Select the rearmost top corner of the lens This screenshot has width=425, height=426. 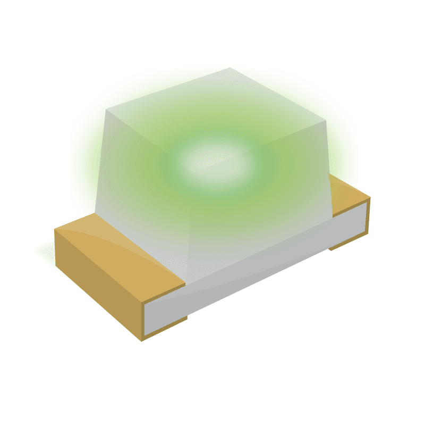(x=229, y=69)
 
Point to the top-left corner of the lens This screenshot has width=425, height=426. (x=106, y=111)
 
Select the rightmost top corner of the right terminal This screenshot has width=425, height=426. (x=370, y=197)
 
